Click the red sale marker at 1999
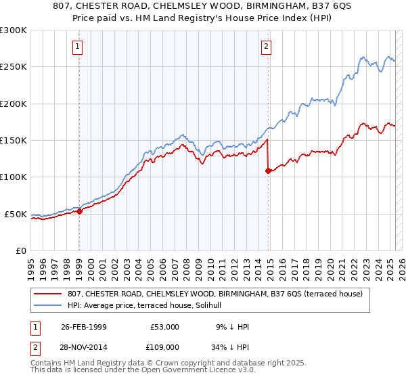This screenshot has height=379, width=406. (x=79, y=211)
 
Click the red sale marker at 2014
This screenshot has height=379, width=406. (x=269, y=171)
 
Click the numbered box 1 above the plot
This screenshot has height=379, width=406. (x=78, y=47)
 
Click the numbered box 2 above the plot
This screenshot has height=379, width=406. (x=267, y=47)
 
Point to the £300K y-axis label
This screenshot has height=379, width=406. (x=13, y=30)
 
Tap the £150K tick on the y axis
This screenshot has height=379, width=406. (x=13, y=141)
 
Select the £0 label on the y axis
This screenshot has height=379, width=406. (x=20, y=250)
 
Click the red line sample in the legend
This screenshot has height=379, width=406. (x=48, y=294)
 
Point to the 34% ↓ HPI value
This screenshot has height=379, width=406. (x=231, y=347)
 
